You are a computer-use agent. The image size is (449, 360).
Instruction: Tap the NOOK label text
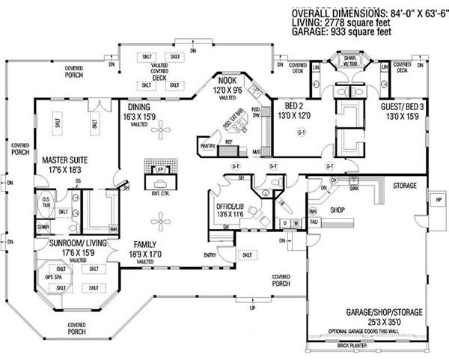pos(227,79)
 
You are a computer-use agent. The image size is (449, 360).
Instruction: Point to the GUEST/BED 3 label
pos(404,106)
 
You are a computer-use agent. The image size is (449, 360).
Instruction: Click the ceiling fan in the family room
pos(159,219)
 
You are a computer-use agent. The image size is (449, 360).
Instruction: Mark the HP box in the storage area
pos(439,199)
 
